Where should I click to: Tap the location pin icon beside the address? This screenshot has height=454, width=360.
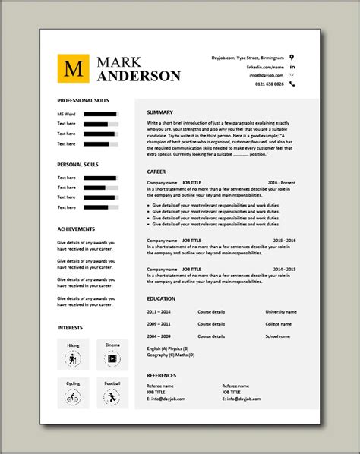pyautogui.click(x=293, y=57)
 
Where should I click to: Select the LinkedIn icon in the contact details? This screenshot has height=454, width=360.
pyautogui.click(x=293, y=66)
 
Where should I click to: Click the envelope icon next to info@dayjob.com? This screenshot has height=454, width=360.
pyautogui.click(x=293, y=75)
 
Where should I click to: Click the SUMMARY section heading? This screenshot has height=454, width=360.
pyautogui.click(x=160, y=112)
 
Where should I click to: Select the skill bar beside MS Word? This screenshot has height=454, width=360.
pyautogui.click(x=100, y=114)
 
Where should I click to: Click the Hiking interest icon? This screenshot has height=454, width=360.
pyautogui.click(x=73, y=358)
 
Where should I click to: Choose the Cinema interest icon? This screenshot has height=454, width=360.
pyautogui.click(x=112, y=358)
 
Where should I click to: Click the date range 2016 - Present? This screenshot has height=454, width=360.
pyautogui.click(x=281, y=183)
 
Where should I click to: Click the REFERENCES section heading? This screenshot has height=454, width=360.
pyautogui.click(x=162, y=375)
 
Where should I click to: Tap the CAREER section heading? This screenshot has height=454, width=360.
pyautogui.click(x=156, y=172)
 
